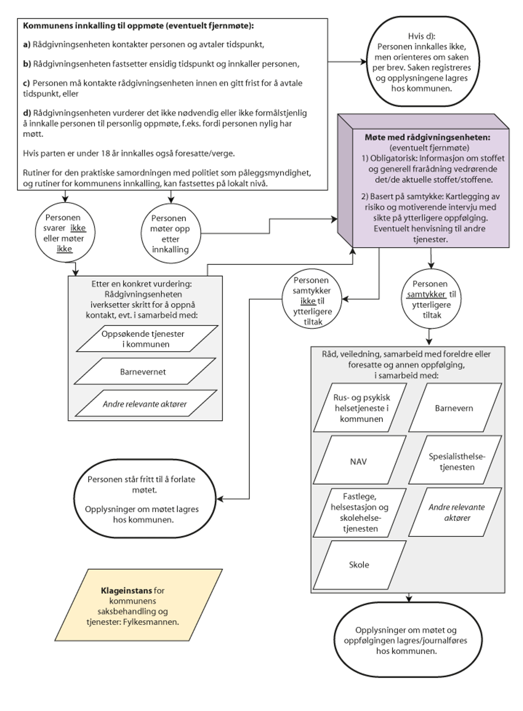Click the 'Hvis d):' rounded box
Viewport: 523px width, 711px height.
421,62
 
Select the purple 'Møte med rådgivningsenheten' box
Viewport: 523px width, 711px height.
431,188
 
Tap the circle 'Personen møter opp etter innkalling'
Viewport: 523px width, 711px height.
170,234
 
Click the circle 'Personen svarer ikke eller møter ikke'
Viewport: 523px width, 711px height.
65,233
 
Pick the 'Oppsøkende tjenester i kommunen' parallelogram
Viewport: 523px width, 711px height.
147,339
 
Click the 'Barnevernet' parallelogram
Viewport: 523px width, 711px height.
144,372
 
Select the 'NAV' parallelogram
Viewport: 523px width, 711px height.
359,461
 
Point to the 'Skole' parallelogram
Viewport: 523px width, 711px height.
359,564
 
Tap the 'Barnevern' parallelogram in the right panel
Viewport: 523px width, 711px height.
454,408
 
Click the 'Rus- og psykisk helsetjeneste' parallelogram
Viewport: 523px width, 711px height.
361,408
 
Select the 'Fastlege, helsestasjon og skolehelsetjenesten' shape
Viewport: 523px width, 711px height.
359,513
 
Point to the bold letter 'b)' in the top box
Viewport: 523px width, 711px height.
27,64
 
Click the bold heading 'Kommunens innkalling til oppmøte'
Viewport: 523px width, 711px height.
138,26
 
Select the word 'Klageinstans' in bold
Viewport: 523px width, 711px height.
126,591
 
